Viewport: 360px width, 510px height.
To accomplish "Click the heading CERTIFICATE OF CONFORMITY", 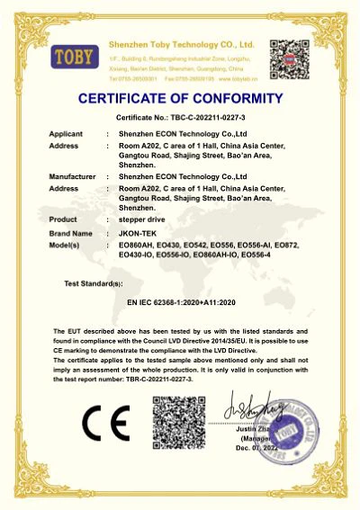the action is [180, 98].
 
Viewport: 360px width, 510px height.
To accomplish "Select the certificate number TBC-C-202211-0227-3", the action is [210, 118].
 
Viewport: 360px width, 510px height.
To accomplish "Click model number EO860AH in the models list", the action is [136, 245].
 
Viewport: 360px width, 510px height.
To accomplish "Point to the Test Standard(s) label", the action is [98, 284].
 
